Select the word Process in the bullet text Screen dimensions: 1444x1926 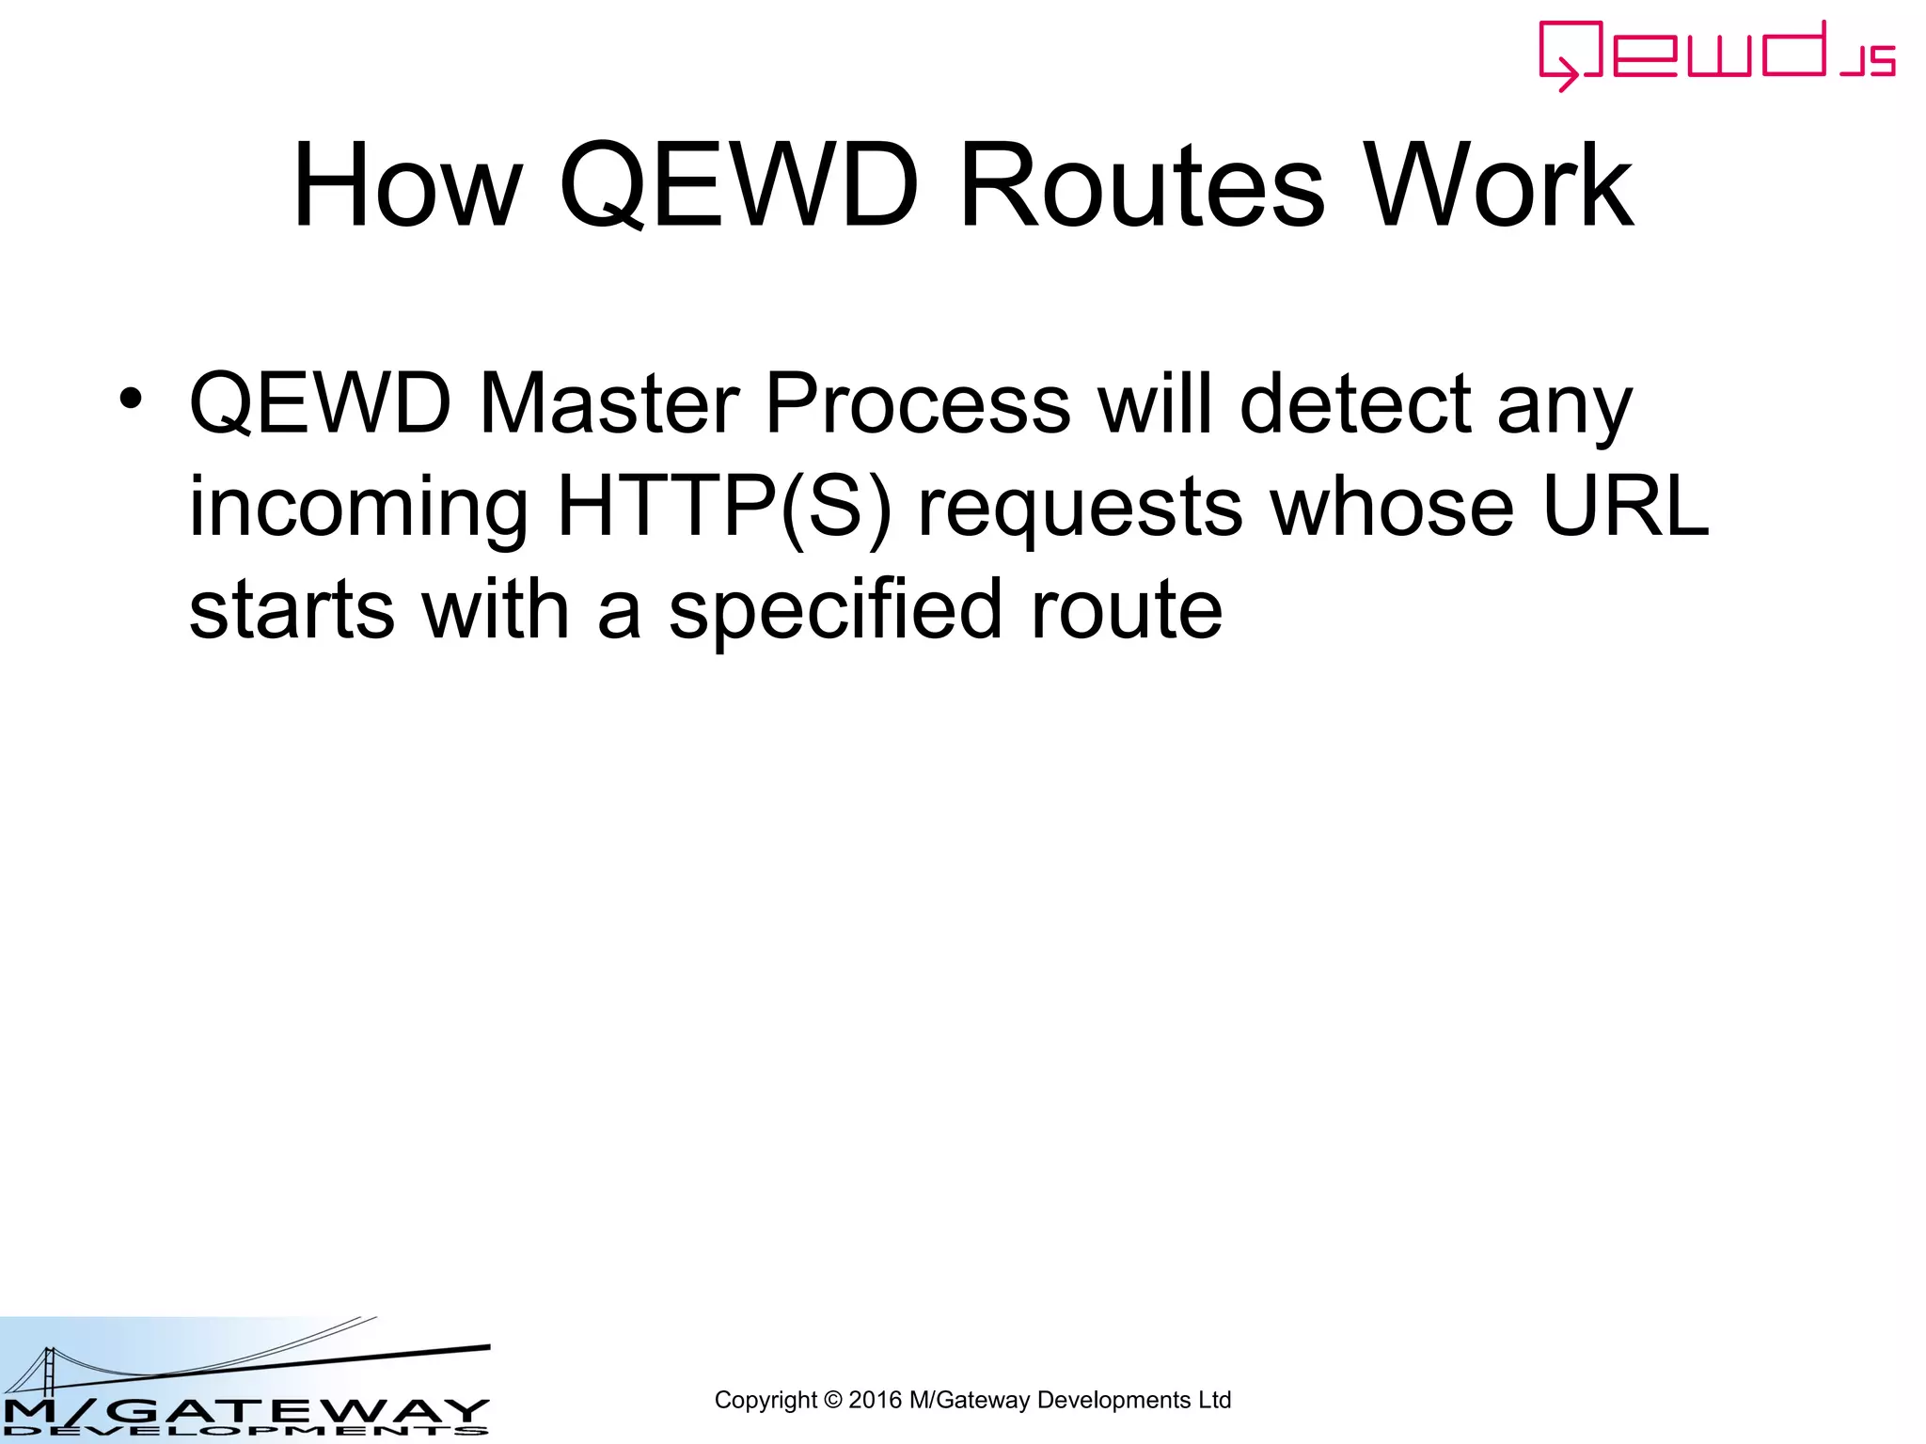point(917,403)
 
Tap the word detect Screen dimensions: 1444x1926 point(1354,403)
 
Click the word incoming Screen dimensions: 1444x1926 point(358,509)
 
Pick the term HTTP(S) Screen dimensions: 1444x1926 point(723,507)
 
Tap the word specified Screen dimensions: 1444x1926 point(834,610)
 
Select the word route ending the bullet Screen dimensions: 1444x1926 point(1127,612)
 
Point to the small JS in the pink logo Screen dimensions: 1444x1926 point(1868,61)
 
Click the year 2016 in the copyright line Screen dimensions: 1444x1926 point(875,1400)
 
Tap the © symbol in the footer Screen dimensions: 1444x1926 point(832,1400)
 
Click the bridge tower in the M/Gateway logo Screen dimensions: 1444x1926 point(46,1373)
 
